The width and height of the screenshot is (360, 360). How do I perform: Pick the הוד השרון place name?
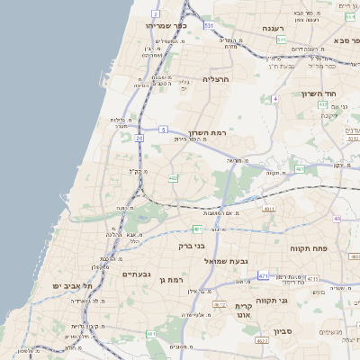(341, 94)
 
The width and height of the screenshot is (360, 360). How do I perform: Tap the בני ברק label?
(192, 245)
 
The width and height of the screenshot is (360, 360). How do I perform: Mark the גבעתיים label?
(136, 274)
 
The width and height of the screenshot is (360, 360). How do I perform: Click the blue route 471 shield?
(263, 275)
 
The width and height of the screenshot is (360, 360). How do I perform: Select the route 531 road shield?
(208, 26)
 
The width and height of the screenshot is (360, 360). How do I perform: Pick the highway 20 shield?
(139, 138)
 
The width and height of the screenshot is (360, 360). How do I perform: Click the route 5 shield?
(163, 130)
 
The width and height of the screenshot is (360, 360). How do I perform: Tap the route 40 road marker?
(337, 219)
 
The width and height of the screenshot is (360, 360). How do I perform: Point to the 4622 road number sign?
(263, 341)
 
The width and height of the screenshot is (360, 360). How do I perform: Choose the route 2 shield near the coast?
(155, 14)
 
